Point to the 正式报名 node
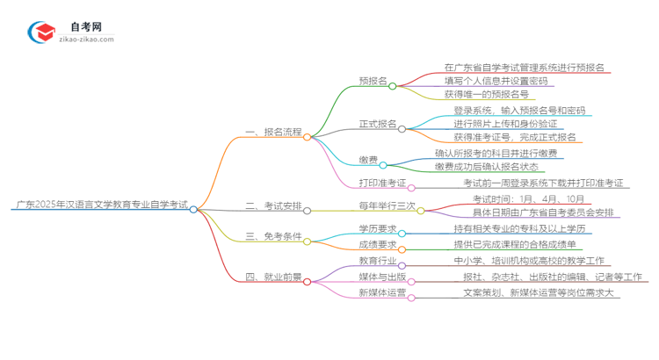coord(378,124)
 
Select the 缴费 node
coord(368,160)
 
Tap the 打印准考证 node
coord(382,184)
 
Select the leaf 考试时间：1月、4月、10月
coord(517,198)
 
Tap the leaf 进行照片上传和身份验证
coord(513,124)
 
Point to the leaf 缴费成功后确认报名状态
coord(498,167)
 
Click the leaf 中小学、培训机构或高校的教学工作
coord(527,262)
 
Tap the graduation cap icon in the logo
coord(41,32)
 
